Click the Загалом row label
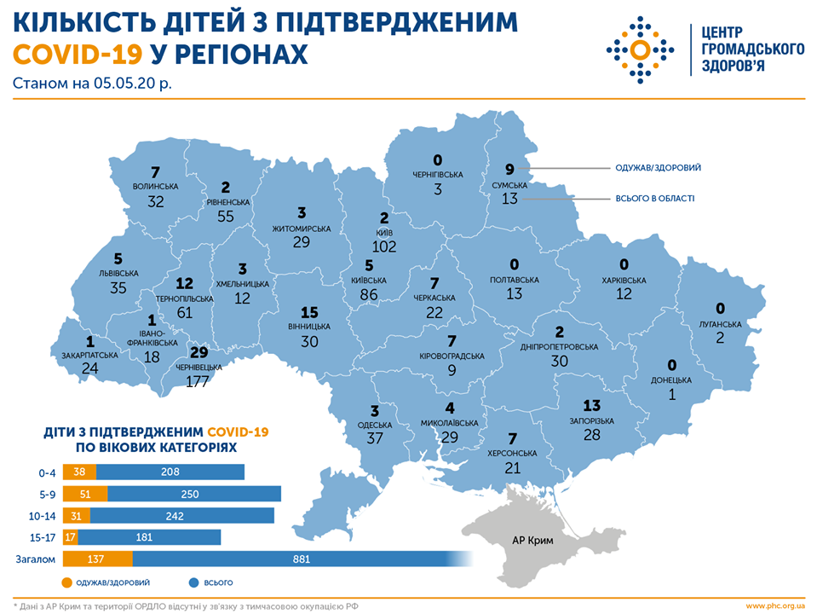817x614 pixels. [x=34, y=559]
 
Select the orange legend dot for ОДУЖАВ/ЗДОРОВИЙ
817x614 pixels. [x=68, y=583]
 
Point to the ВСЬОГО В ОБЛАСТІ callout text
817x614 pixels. [x=653, y=199]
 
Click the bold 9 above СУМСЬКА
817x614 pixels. [x=509, y=169]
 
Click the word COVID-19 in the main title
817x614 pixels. [x=78, y=55]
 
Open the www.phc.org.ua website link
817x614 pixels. [x=774, y=606]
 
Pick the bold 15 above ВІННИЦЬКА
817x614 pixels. [x=310, y=312]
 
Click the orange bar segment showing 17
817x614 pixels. [x=71, y=537]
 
